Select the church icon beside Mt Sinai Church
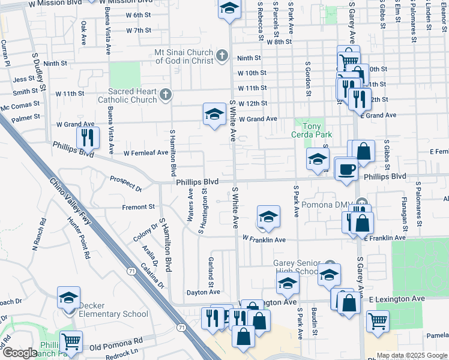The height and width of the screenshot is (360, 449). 221,57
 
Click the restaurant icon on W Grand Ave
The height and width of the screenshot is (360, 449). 88,137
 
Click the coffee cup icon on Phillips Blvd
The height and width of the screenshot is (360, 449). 346,169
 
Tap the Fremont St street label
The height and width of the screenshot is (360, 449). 139,207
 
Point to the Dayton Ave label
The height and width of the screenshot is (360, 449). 203,292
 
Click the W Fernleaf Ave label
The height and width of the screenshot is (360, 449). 146,153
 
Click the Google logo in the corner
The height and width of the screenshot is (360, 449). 19,353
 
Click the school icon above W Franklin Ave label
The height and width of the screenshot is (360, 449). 268,217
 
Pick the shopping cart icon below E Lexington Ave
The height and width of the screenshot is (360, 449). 378,322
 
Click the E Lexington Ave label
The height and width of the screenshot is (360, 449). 397,298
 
